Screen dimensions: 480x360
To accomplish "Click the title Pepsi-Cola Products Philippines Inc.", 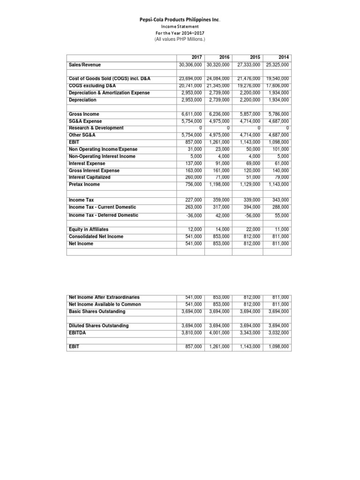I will tap(180, 20).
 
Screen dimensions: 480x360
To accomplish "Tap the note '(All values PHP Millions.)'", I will tap(180, 40).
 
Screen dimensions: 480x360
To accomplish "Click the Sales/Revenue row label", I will tap(85, 65).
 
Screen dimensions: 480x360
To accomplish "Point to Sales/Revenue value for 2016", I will tap(218, 65).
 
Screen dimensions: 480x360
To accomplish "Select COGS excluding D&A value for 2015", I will tap(249, 86).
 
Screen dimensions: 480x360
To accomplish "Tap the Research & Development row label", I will tap(96, 128).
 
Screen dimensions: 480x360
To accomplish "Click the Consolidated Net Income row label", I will tap(96, 236).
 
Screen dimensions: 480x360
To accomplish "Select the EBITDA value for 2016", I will tap(218, 332).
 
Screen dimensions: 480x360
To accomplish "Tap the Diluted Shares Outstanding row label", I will tap(98, 325).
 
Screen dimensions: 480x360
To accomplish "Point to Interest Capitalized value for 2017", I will tap(192, 177).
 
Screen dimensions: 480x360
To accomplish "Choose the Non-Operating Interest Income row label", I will tap(102, 156).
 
